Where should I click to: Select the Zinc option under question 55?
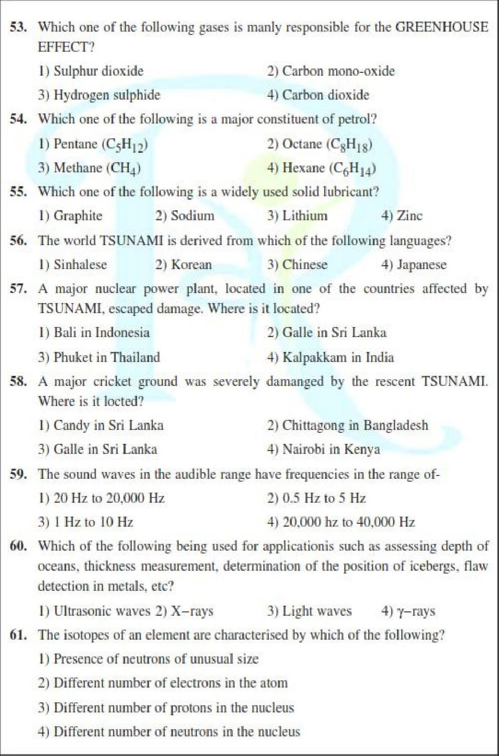(x=402, y=216)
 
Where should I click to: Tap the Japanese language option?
(x=414, y=265)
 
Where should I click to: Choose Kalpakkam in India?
(x=330, y=357)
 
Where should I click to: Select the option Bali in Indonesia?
(x=94, y=333)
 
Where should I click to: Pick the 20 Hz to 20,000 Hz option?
(x=102, y=498)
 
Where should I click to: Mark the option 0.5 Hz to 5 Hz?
(x=317, y=498)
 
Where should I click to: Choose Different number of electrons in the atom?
(x=163, y=683)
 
